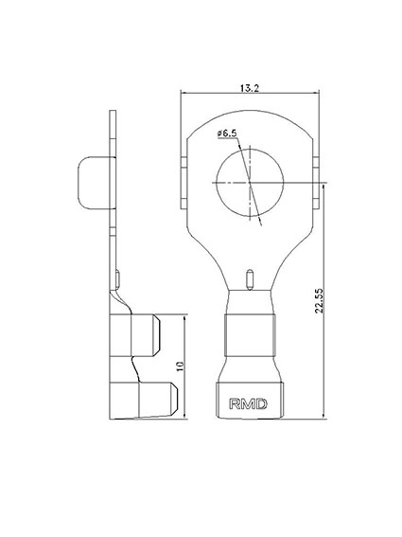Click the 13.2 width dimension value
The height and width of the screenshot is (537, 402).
250,88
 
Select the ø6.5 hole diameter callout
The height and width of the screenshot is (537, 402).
227,134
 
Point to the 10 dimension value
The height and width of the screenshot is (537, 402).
181,367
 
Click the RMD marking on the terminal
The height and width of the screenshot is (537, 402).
248,404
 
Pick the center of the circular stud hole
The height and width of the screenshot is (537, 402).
250,182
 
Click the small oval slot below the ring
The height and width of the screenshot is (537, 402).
250,279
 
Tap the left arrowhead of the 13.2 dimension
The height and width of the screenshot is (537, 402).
184,93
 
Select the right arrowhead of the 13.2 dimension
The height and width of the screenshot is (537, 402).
316,93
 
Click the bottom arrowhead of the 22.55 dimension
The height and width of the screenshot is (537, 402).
323,415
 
